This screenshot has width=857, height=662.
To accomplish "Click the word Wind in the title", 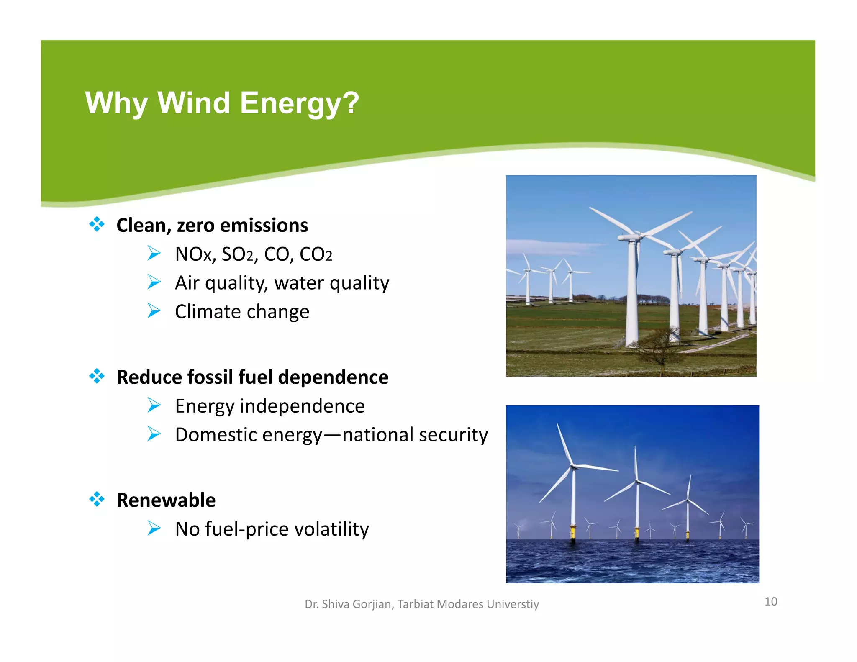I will pos(193,103).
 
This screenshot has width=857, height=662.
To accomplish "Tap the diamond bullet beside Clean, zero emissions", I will pos(97,224).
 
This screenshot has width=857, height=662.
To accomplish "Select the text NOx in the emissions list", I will pos(194,254).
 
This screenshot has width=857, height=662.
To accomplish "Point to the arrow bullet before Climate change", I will pos(154,311).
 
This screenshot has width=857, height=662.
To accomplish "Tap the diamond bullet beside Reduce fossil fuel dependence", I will pos(97,376).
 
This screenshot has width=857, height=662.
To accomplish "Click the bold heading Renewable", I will pos(166,500).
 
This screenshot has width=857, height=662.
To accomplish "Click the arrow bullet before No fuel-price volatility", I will pos(154,528).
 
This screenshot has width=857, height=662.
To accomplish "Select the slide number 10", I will pos(771,601).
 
